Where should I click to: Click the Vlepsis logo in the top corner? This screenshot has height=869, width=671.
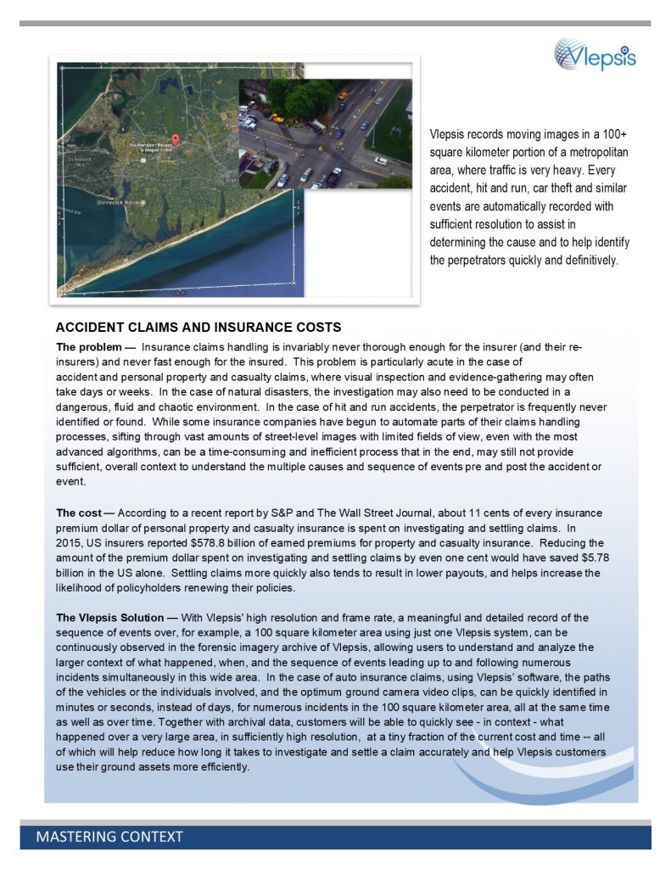tap(595, 55)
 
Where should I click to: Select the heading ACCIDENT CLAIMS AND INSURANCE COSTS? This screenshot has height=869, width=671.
tap(199, 327)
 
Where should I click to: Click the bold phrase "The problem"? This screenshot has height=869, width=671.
tap(89, 347)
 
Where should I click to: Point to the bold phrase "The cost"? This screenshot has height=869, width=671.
tap(83, 513)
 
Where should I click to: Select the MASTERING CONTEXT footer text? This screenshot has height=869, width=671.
tap(109, 837)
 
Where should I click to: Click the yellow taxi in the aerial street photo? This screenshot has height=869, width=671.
tap(342, 95)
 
